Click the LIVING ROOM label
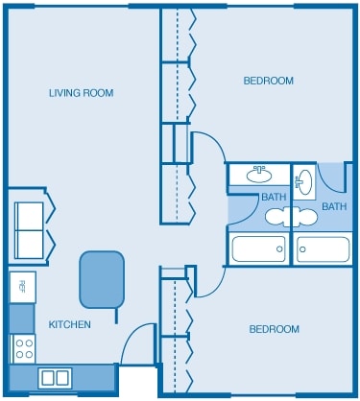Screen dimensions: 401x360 (x=82, y=93)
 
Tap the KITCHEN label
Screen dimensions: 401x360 (x=70, y=325)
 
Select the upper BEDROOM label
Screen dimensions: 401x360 (x=269, y=81)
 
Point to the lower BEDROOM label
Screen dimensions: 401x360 (x=275, y=329)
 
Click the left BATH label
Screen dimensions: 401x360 (x=274, y=198)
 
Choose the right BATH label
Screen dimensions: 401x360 (x=334, y=206)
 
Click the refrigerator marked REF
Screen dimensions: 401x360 (x=21, y=286)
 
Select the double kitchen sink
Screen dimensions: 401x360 (x=55, y=378)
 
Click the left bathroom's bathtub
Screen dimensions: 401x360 (x=258, y=248)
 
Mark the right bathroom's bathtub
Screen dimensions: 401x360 (x=324, y=248)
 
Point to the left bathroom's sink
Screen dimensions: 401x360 (x=257, y=175)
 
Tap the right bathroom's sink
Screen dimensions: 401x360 (x=304, y=181)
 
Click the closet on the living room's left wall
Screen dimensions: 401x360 (x=32, y=229)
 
